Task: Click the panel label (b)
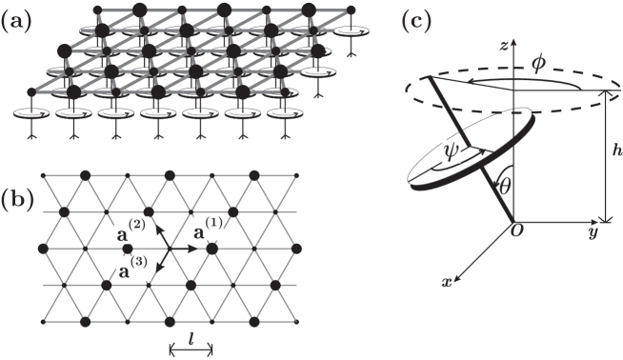point(14,201)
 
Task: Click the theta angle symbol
point(507,199)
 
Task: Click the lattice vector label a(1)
point(211,230)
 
